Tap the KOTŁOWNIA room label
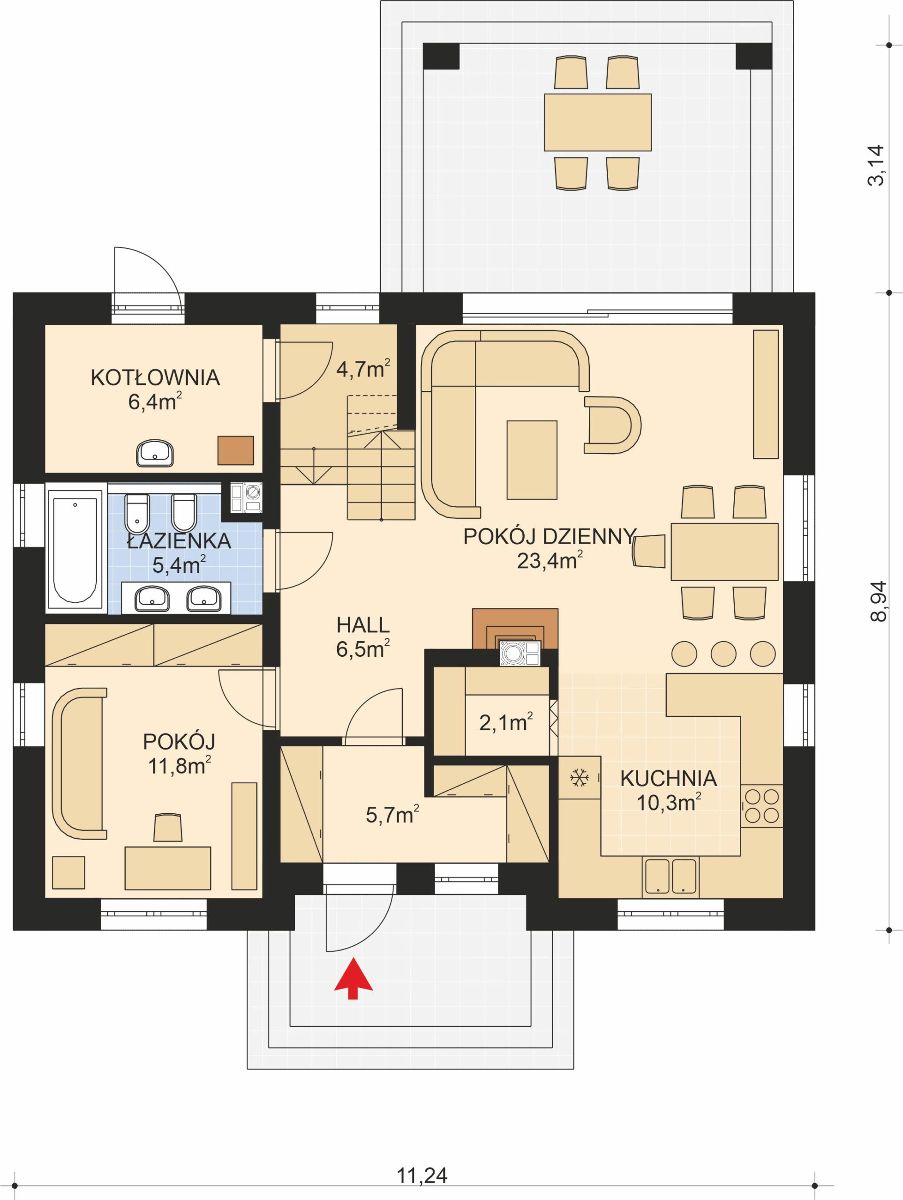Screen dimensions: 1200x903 coord(155,377)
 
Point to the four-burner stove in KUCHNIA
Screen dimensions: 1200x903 coord(762,806)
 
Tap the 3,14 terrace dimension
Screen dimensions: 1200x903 coord(876,165)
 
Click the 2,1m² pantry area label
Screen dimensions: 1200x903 coord(505,723)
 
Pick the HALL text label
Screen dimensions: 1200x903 coord(362,625)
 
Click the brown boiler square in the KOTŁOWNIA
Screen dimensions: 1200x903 coord(235,450)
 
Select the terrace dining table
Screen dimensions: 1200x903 coord(597,122)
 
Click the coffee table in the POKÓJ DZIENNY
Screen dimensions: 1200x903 coord(531,459)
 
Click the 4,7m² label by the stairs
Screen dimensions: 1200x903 coord(362,369)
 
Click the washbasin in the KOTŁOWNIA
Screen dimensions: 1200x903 coord(155,453)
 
